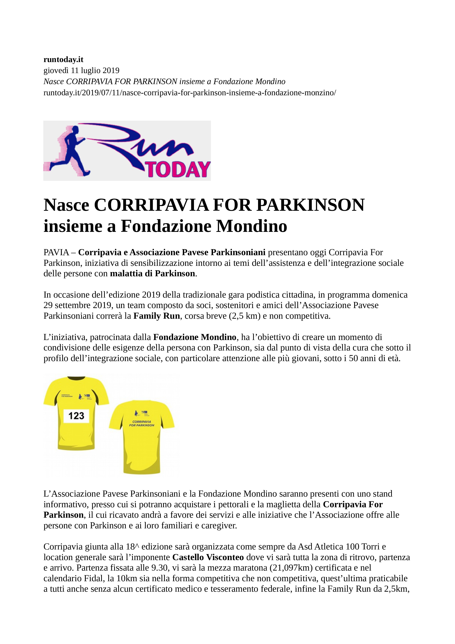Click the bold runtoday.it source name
coord(63,59)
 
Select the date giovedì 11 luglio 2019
coord(81,70)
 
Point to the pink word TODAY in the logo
coord(178,169)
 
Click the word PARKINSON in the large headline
coord(310,205)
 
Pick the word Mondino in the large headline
coord(251,226)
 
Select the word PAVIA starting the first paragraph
coord(56,252)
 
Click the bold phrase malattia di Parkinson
coord(152,274)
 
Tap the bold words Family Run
coord(156,316)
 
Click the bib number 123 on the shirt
coord(76,416)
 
